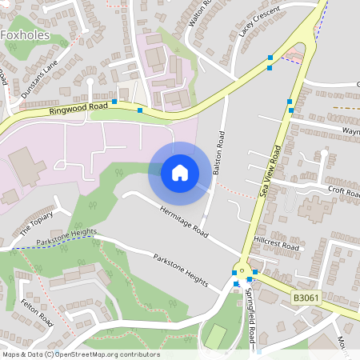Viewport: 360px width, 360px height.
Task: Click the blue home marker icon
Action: pos(179,173)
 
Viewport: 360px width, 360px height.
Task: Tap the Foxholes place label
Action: pos(26,34)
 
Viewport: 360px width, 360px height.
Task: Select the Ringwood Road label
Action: pos(78,106)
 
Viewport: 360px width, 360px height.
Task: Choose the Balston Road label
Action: pos(218,153)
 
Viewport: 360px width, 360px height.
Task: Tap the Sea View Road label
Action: pos(271,170)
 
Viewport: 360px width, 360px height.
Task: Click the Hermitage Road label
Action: pos(183,223)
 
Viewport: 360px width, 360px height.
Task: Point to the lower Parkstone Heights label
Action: pos(183,272)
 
